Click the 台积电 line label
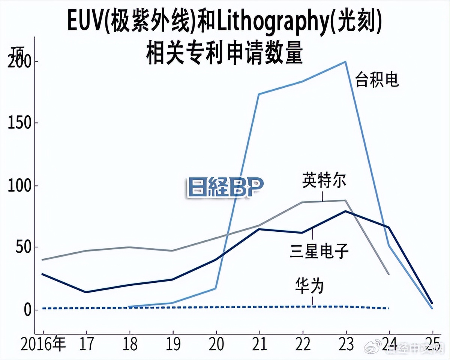(x=377, y=81)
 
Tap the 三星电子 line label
(x=319, y=251)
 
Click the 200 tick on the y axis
(x=19, y=62)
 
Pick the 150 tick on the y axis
(x=19, y=123)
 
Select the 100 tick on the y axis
(x=19, y=186)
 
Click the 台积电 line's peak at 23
(x=345, y=61)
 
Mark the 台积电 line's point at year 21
(x=259, y=94)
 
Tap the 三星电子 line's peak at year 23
(x=345, y=211)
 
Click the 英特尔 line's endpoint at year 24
(x=389, y=274)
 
